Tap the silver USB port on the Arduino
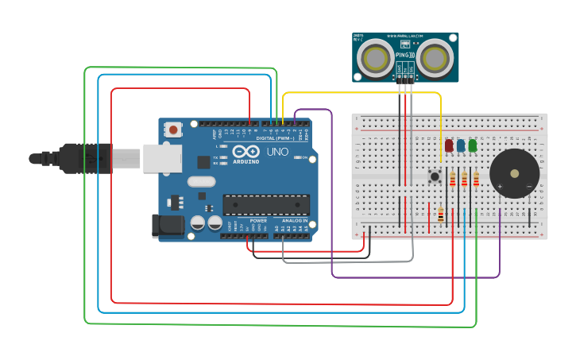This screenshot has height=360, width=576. click(x=162, y=158)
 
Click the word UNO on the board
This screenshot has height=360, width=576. click(x=277, y=151)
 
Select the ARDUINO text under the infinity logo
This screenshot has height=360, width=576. click(x=246, y=161)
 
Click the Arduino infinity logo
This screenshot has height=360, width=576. click(x=246, y=151)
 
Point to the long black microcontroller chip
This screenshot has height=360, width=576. click(x=266, y=204)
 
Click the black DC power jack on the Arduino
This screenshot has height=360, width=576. click(x=168, y=225)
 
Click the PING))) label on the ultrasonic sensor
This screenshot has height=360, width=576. click(x=404, y=55)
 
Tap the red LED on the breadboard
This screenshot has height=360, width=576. click(x=449, y=145)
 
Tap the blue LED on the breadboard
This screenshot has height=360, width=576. click(x=461, y=145)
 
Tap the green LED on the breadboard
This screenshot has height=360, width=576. click(x=473, y=145)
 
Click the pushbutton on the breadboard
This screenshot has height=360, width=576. click(x=435, y=176)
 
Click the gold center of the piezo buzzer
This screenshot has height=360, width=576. click(x=514, y=173)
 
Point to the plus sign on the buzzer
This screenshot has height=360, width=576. click(x=499, y=186)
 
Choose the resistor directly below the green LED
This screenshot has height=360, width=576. click(x=476, y=180)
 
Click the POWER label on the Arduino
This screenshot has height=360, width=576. click(x=258, y=220)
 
